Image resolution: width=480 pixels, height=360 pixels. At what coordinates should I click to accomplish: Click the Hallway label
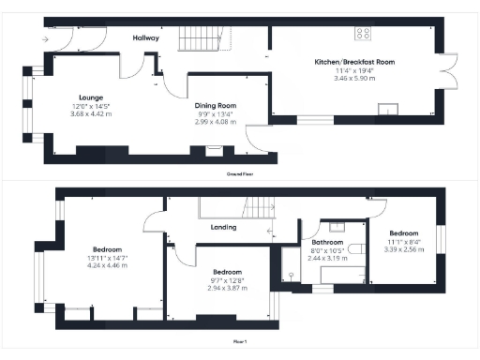[x=145, y=38]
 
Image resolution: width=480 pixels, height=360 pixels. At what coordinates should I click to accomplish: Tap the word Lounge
[x=91, y=97]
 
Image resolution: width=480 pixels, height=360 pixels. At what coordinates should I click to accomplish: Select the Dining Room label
[x=215, y=105]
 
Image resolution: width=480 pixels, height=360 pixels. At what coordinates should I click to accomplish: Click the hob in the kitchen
[x=362, y=34]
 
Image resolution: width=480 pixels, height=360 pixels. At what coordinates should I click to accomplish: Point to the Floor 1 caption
[x=240, y=341]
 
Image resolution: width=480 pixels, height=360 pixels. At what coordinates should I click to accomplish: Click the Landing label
[x=222, y=227]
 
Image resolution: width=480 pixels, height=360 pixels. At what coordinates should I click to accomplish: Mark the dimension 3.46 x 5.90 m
[x=354, y=79]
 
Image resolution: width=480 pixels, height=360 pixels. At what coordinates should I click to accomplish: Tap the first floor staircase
[x=267, y=207]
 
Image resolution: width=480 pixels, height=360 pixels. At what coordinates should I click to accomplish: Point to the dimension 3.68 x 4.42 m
[x=91, y=114]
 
